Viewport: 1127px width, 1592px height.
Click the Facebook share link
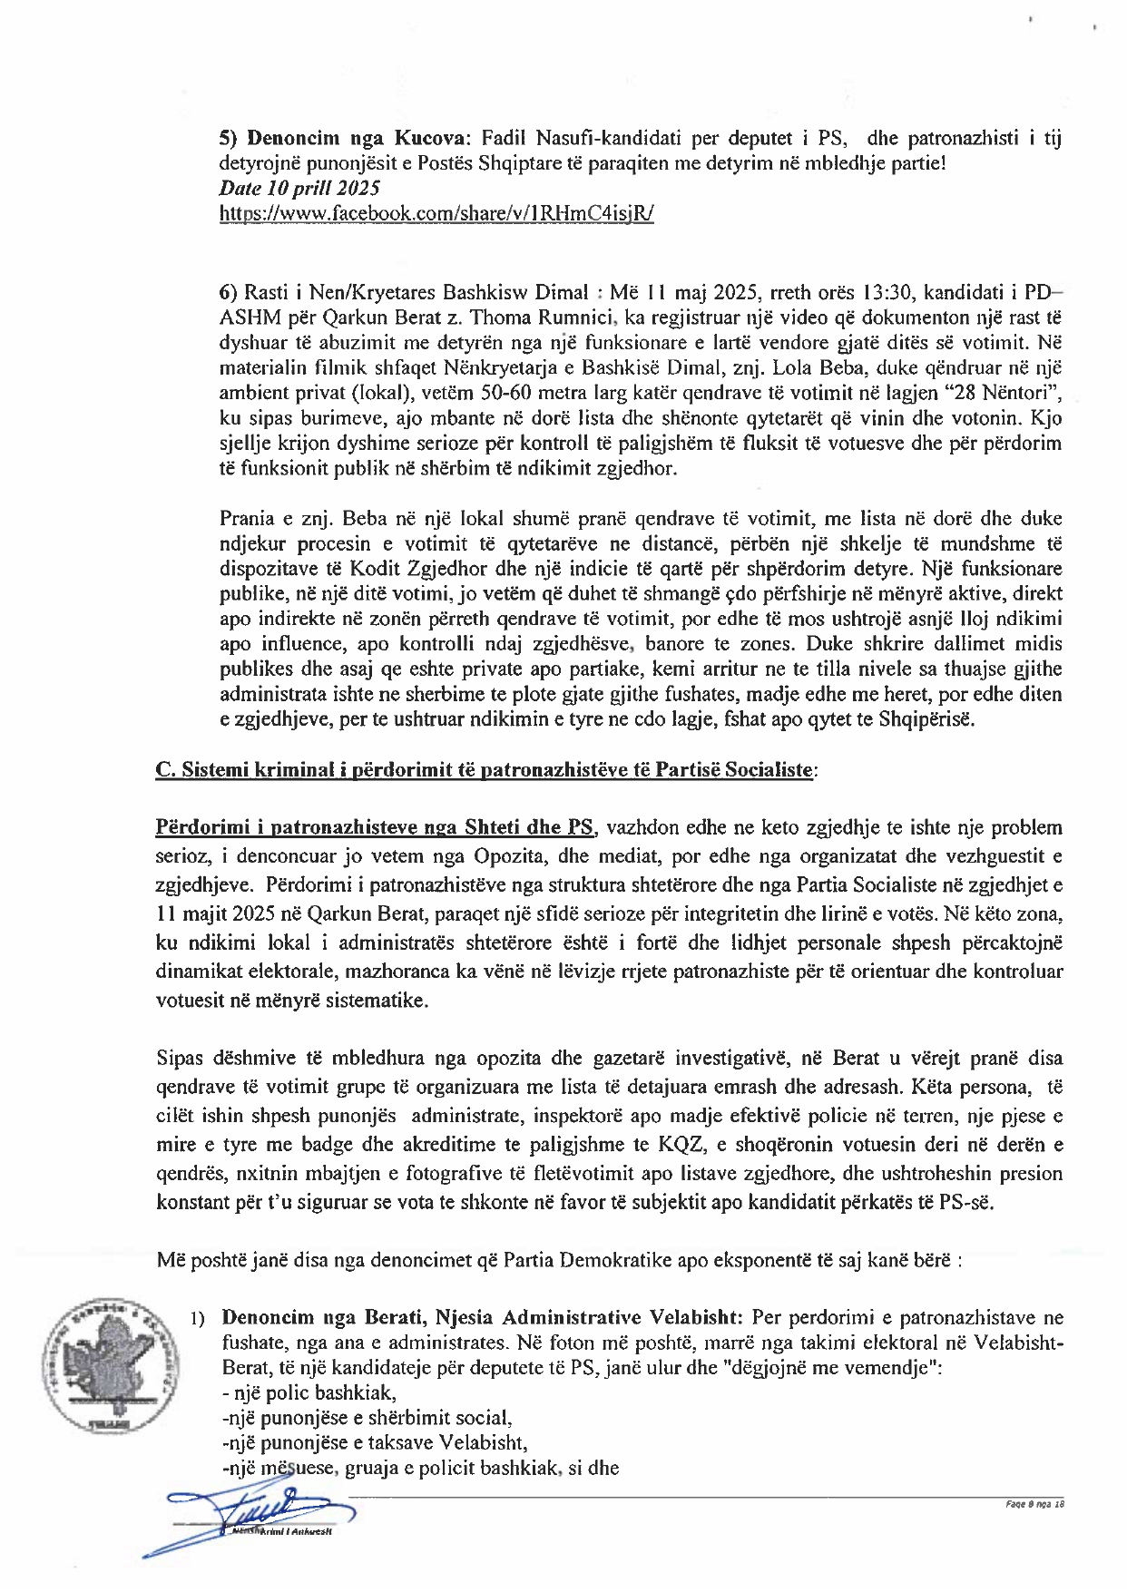point(436,214)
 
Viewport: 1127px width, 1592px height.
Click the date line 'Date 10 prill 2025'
point(299,189)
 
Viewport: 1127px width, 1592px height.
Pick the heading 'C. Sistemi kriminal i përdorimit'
point(485,770)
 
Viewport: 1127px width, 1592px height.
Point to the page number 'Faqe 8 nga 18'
point(1034,1504)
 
